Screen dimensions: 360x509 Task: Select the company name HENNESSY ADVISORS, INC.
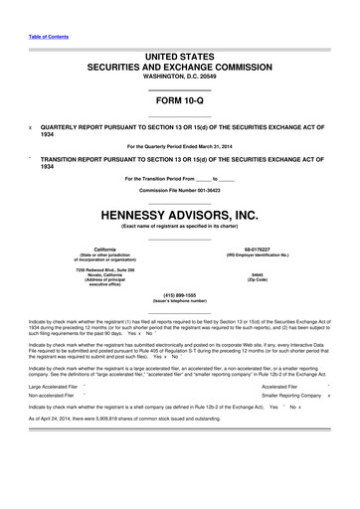[x=179, y=213]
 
